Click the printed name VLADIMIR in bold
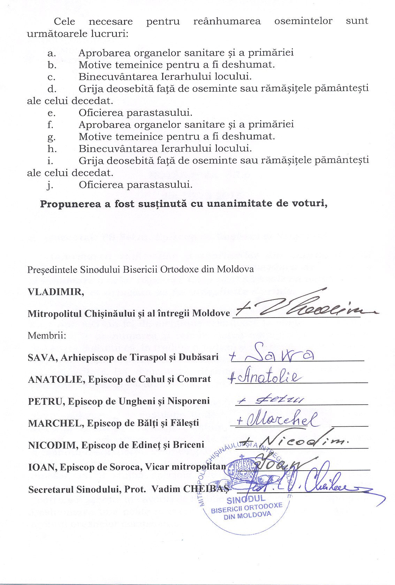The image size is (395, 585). click(x=55, y=291)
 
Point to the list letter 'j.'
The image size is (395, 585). click(x=50, y=185)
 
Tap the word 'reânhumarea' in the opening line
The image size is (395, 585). click(x=227, y=21)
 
